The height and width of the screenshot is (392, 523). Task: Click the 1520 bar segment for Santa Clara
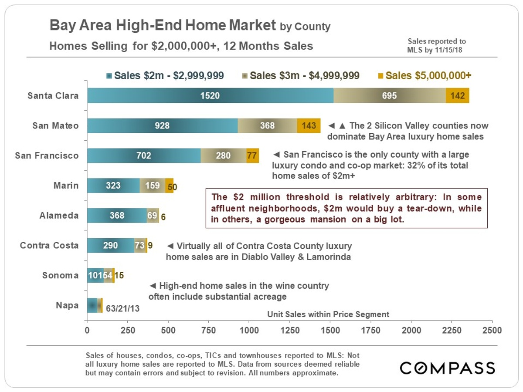(211, 95)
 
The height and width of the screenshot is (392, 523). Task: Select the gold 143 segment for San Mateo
(309, 125)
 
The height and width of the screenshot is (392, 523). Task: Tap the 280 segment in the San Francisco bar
(223, 155)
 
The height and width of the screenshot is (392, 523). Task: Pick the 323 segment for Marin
(113, 186)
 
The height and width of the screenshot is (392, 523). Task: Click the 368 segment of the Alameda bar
(117, 216)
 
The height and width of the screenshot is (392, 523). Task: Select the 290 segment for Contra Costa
(110, 245)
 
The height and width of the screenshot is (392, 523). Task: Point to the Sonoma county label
(61, 275)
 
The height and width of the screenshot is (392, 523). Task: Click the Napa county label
(68, 305)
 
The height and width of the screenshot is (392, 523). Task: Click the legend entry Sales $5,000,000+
(428, 76)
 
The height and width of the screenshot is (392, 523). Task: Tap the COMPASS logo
(447, 368)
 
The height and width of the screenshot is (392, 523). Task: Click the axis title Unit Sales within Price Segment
(328, 314)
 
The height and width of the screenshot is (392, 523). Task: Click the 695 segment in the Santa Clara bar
(389, 95)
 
